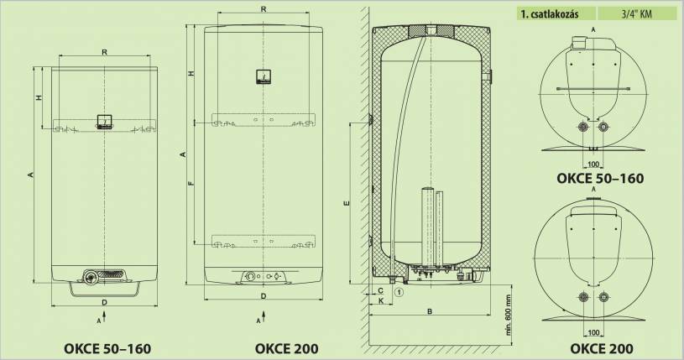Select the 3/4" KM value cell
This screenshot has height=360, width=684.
click(639, 14)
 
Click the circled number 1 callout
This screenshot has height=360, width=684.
click(399, 292)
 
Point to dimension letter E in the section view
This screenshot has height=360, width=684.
click(347, 203)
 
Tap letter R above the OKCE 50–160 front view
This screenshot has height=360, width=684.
click(103, 53)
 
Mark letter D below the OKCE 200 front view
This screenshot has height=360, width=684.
click(263, 296)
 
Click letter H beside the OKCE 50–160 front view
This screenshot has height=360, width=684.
click(39, 98)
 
